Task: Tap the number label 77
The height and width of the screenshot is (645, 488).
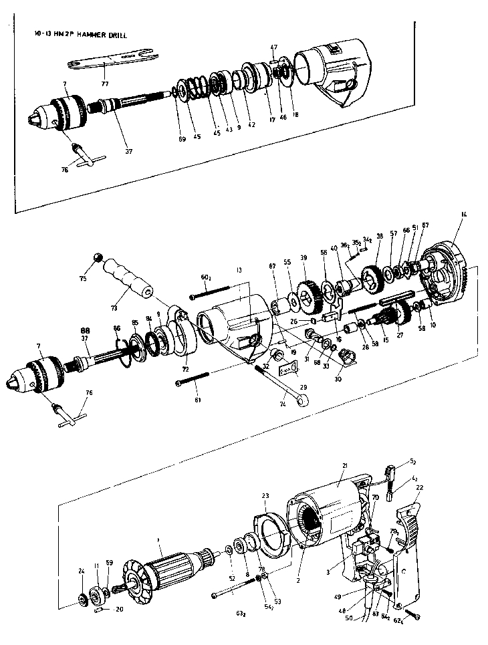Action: (x=104, y=85)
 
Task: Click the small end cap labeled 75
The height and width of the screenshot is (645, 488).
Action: (x=98, y=258)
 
